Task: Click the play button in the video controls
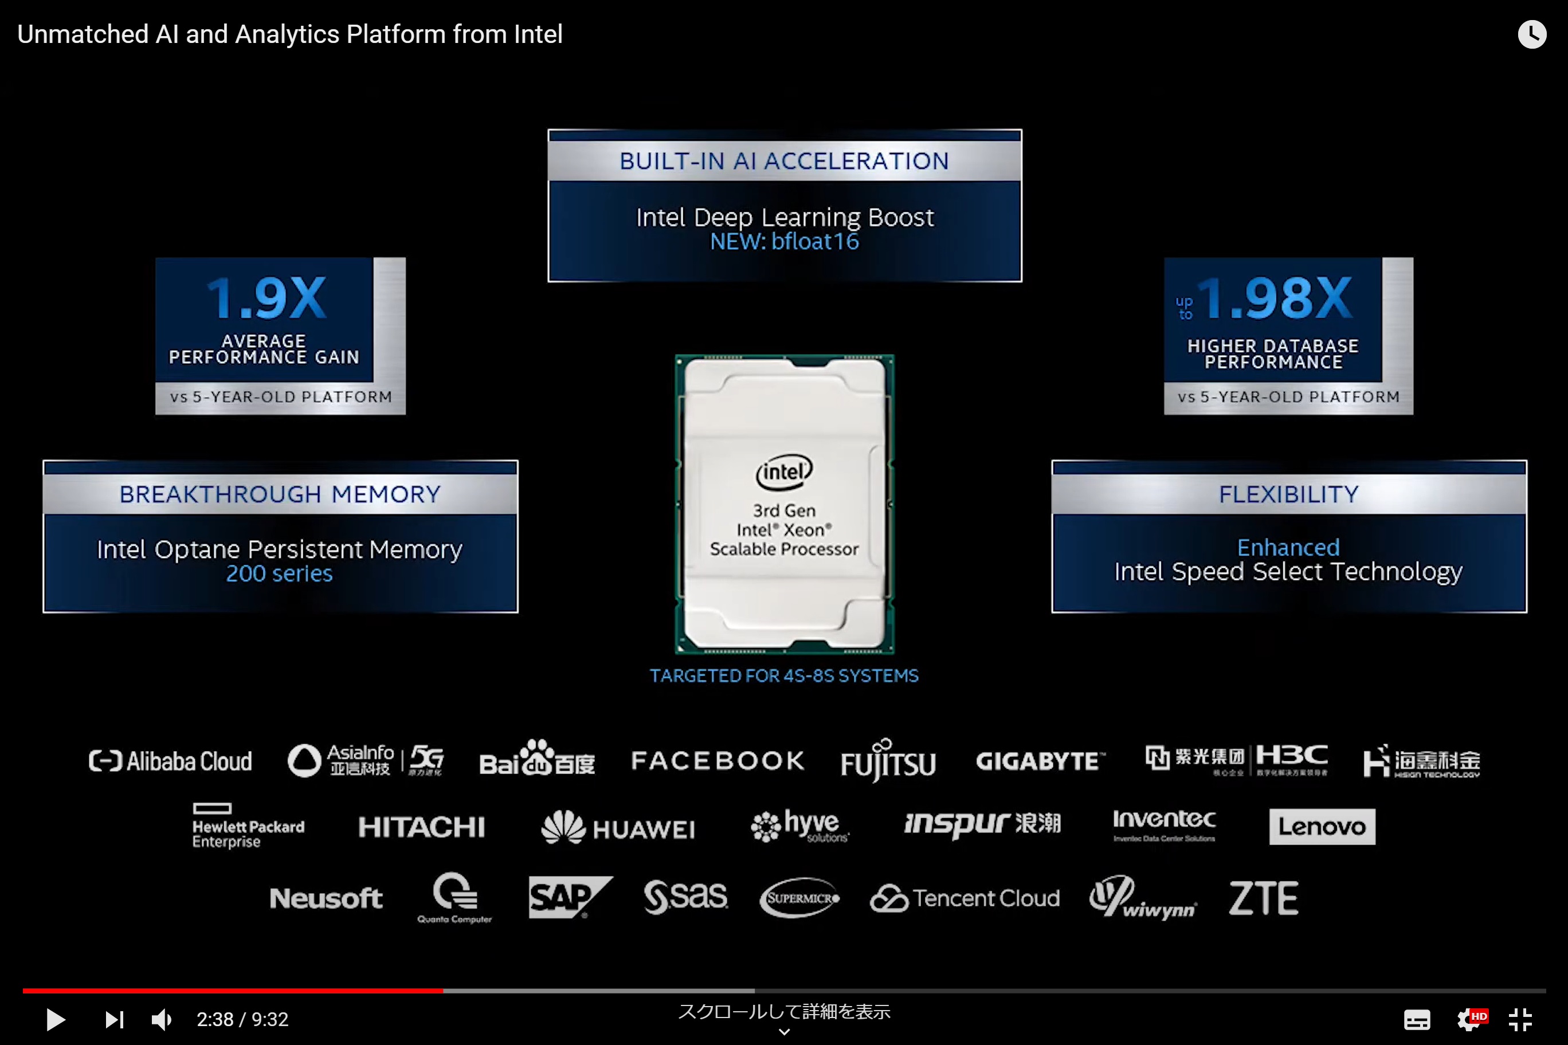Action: tap(56, 1020)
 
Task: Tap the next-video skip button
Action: tap(115, 1020)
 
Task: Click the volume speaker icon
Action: tap(162, 1020)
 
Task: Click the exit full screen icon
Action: tap(1520, 1020)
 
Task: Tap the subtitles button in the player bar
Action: tap(1417, 1020)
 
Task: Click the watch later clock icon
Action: tap(1531, 34)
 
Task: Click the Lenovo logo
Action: tap(1322, 826)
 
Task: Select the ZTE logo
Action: tap(1263, 898)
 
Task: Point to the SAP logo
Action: tap(568, 897)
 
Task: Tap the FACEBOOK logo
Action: tap(718, 761)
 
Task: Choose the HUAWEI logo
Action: tap(618, 828)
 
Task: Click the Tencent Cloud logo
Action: tap(965, 898)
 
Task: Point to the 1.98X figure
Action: tap(1275, 298)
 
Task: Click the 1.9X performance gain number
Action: tap(266, 298)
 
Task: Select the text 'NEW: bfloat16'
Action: tap(784, 242)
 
